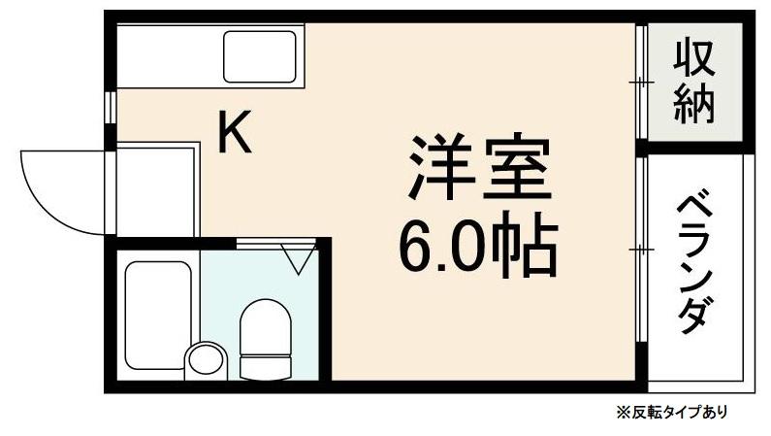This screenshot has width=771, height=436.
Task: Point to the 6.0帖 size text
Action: [x=478, y=248]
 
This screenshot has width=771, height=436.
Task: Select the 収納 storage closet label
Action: [x=694, y=82]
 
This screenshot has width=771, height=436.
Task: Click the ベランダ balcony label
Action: [x=696, y=264]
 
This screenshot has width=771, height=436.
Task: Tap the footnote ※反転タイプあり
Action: [x=670, y=412]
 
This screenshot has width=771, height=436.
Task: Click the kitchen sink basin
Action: [x=260, y=56]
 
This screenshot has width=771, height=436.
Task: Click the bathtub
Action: [x=157, y=314]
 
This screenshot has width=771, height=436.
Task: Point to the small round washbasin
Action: [x=205, y=359]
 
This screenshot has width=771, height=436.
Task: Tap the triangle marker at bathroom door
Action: [x=298, y=258]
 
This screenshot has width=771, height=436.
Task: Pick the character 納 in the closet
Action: [x=694, y=103]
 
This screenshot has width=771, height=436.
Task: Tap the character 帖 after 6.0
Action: [x=531, y=248]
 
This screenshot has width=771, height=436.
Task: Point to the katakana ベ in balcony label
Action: [x=696, y=208]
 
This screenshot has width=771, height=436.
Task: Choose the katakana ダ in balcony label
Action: [x=696, y=317]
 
